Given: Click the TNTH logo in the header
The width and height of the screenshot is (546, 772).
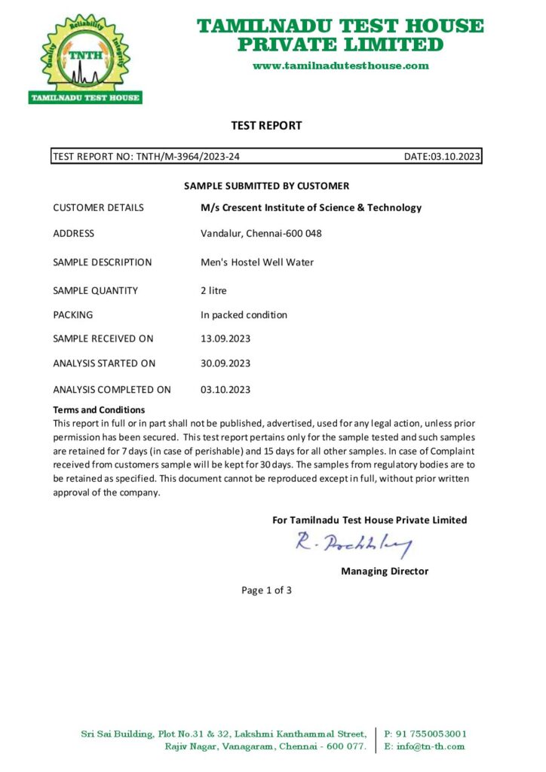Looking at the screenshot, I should [85, 58].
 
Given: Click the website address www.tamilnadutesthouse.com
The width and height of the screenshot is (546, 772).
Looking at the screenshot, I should [340, 66].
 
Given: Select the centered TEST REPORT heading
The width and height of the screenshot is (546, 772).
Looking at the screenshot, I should [266, 126].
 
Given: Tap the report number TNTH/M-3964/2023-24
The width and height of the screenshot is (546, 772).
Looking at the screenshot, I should [189, 157].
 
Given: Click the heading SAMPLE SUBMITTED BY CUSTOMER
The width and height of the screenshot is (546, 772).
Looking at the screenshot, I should [267, 185].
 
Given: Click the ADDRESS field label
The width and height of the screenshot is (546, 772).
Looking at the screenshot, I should [74, 234].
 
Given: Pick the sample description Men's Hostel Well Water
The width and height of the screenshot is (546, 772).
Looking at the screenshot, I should [257, 262].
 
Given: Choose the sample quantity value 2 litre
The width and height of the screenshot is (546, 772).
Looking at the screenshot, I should [213, 290].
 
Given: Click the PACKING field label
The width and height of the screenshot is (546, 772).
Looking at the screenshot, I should [73, 315].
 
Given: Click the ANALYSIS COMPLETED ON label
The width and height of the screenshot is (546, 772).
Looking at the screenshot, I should [112, 390].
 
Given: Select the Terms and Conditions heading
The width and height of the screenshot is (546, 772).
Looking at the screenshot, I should [99, 409].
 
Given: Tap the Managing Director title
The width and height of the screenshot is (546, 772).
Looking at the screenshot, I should [385, 571].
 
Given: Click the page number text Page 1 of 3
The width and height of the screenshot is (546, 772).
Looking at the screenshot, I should [266, 590].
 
